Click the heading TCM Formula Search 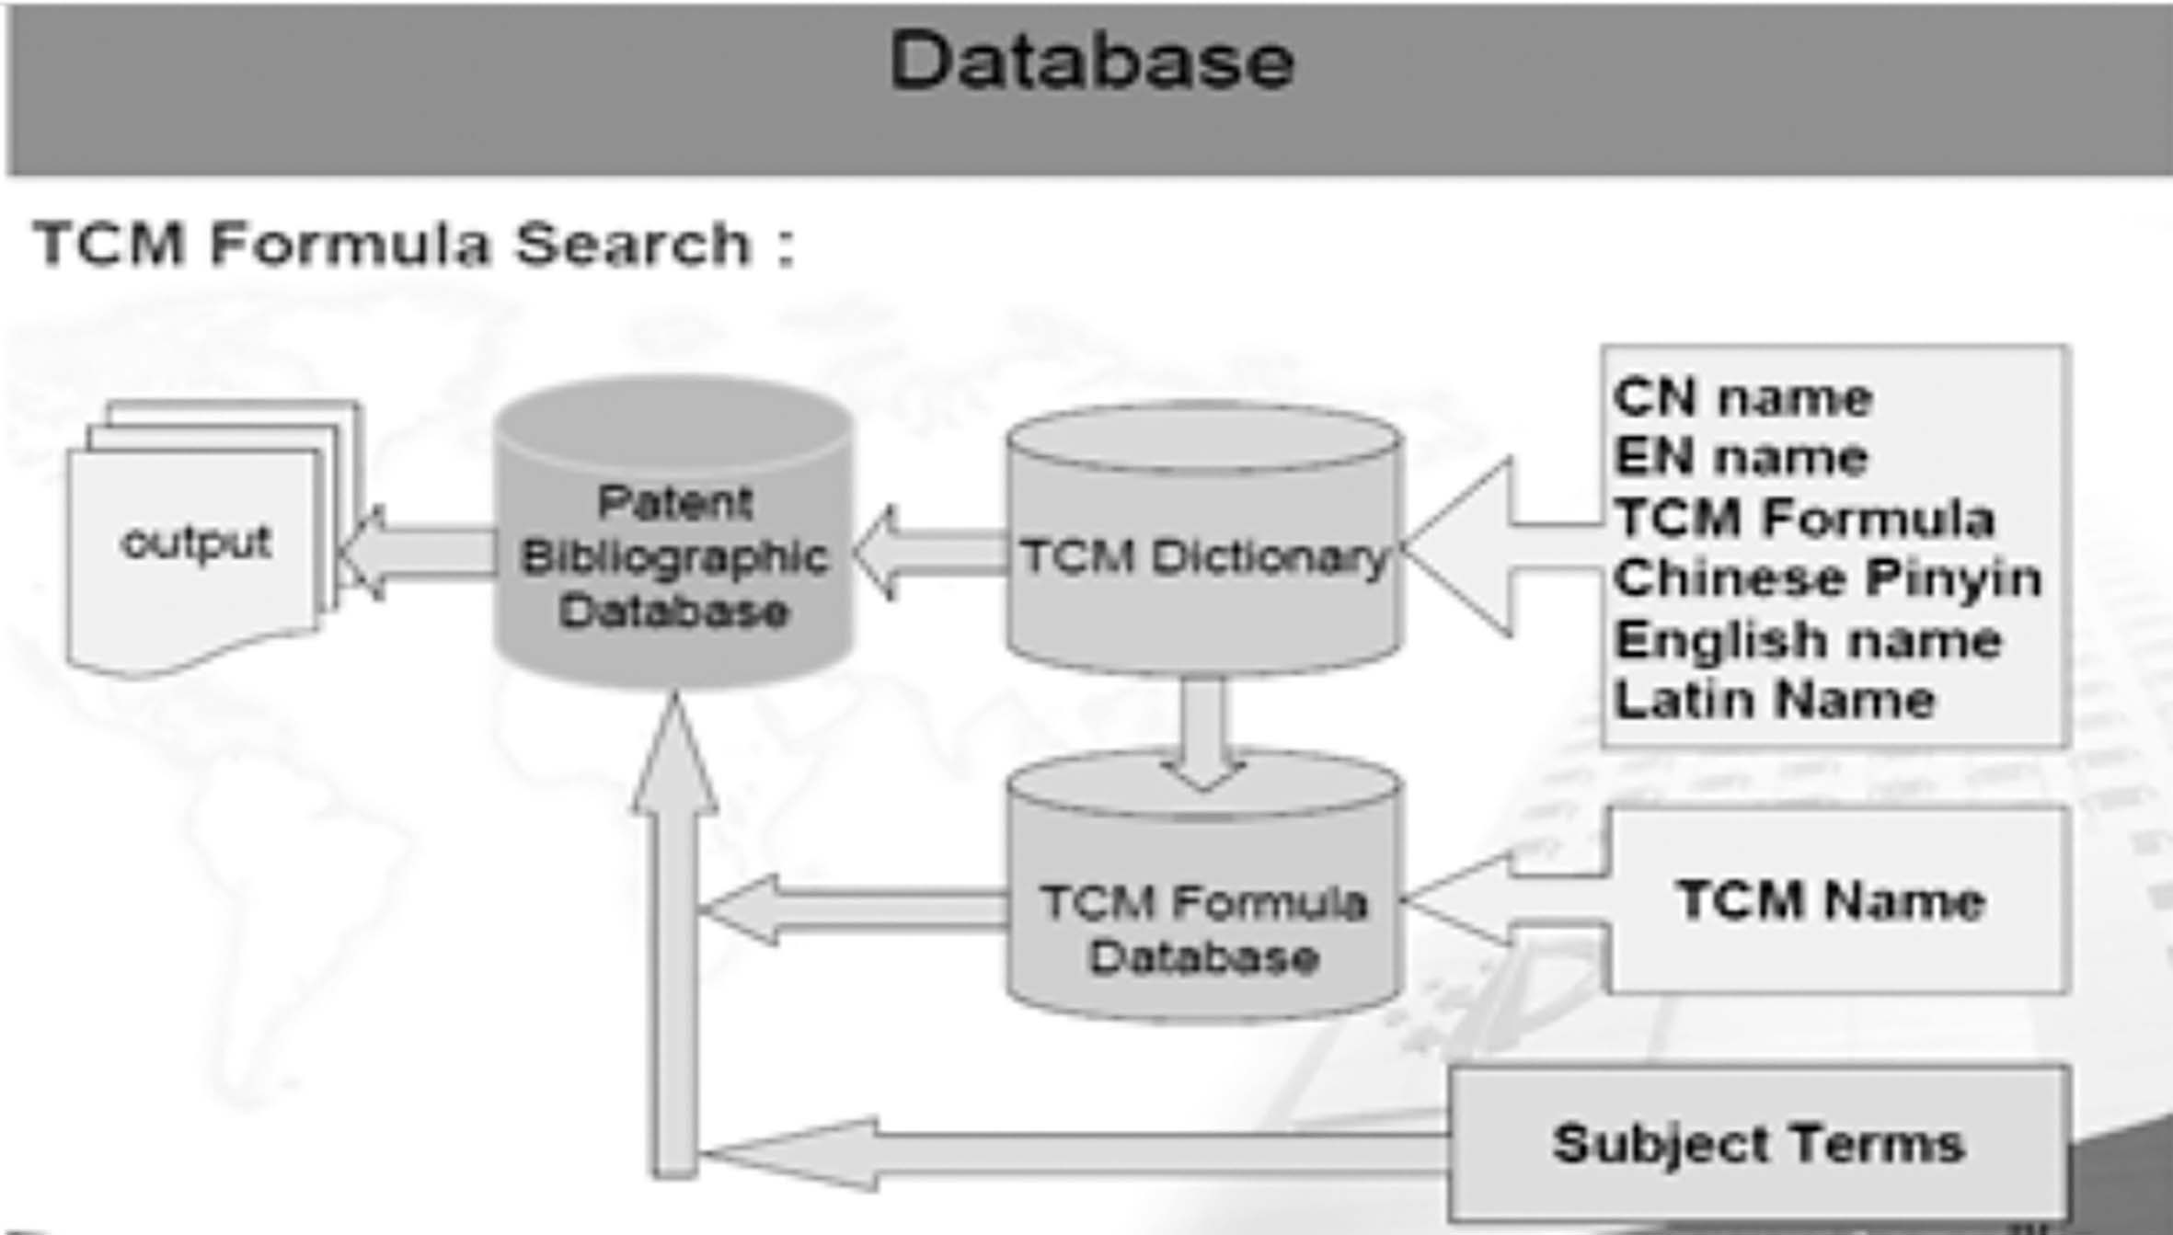point(414,245)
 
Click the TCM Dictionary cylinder point(1203,557)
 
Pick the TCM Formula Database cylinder point(1203,929)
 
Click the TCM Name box point(1831,900)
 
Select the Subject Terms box point(1758,1144)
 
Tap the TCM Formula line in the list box point(1804,518)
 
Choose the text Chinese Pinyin point(1827,578)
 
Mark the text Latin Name point(1775,700)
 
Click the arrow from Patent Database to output point(419,552)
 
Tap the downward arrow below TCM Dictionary point(1203,731)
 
